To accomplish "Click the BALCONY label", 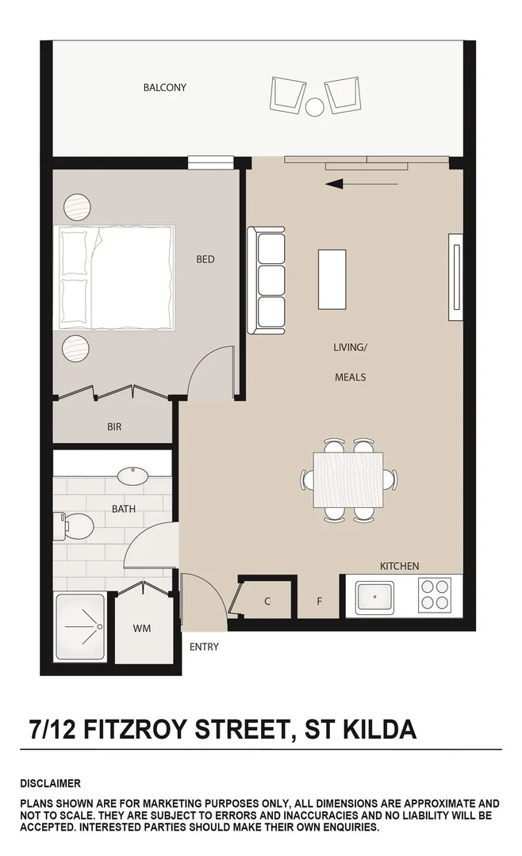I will [x=164, y=87].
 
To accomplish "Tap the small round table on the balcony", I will [x=315, y=106].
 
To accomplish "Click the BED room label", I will [x=205, y=259].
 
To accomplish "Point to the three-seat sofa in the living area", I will [x=267, y=281].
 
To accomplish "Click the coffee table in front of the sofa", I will [x=332, y=279].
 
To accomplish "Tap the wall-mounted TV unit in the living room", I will [x=455, y=277].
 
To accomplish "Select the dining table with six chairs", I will [x=349, y=480].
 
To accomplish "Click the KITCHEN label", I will [x=399, y=566].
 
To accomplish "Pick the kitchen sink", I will [x=374, y=597].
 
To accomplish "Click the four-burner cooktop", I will [x=434, y=595].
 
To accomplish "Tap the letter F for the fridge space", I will [x=320, y=602].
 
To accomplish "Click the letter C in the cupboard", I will [x=267, y=602].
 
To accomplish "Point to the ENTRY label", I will [x=204, y=647].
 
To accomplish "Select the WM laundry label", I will [x=142, y=629].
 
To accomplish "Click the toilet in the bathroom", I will [x=74, y=524].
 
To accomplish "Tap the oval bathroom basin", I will [x=132, y=476].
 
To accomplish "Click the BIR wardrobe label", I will [x=114, y=426].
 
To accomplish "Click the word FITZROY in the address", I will [x=140, y=728].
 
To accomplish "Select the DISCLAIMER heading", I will [x=50, y=784].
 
